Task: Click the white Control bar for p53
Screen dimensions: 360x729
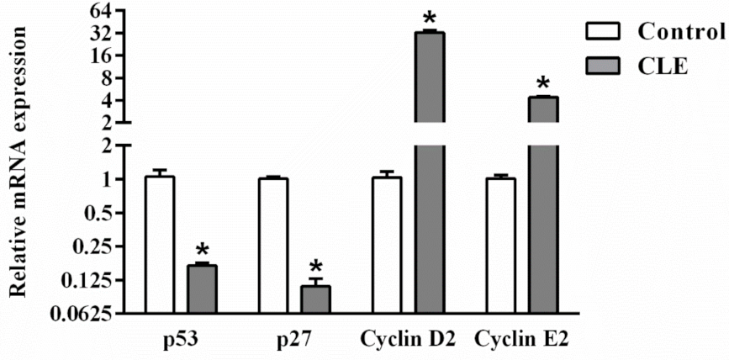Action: click(x=160, y=244)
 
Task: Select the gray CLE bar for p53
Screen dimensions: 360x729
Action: click(x=202, y=289)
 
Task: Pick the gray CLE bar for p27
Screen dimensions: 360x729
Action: click(x=315, y=299)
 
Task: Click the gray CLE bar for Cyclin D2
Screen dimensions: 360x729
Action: click(x=429, y=168)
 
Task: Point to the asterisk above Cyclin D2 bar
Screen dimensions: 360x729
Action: click(x=429, y=19)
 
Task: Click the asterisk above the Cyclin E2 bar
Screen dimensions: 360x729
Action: click(x=542, y=83)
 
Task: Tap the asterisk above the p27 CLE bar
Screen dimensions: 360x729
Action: click(x=315, y=267)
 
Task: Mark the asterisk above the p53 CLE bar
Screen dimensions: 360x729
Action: click(x=202, y=251)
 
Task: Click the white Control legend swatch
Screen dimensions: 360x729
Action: click(x=603, y=33)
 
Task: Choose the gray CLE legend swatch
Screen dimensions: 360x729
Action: click(x=603, y=66)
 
